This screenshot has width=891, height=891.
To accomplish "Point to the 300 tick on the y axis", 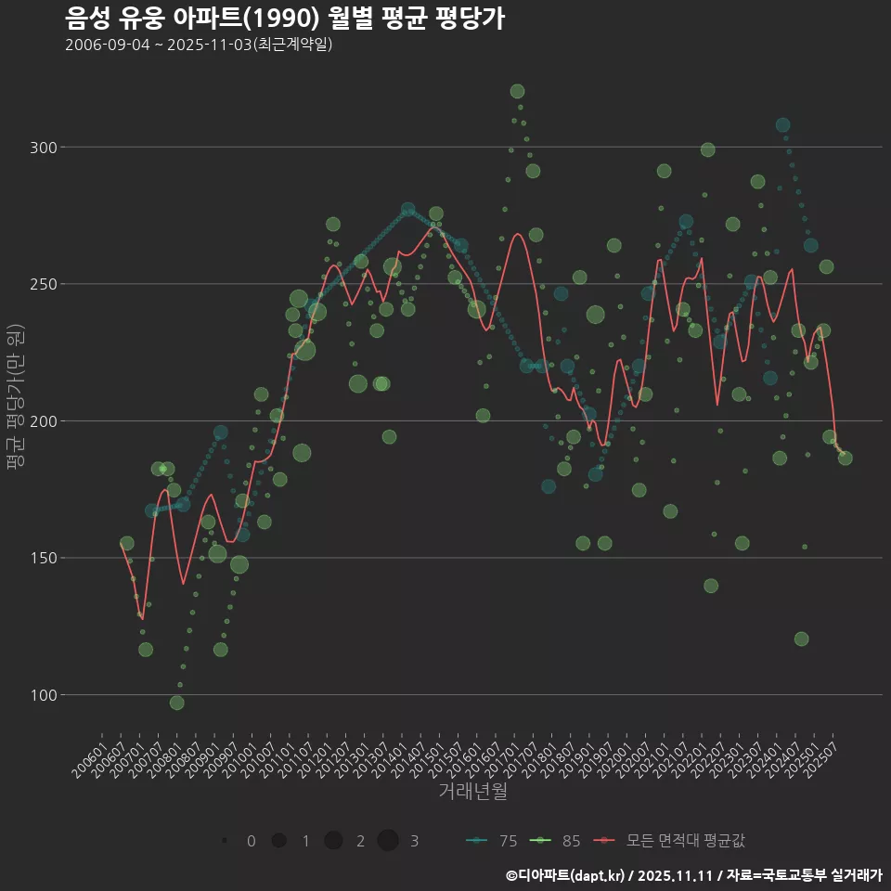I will tap(45, 148).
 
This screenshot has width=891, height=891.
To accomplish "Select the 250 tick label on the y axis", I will tap(45, 284).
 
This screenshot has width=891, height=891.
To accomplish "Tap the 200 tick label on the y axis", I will tap(45, 421).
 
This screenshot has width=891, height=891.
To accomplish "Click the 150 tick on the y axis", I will tap(45, 558).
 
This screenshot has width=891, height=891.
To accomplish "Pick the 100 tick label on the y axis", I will tap(45, 695).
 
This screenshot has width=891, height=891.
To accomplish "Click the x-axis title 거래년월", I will tap(472, 792).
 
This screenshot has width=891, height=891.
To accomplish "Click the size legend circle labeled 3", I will tap(388, 841).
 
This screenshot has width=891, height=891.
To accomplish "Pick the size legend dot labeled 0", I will tap(226, 841).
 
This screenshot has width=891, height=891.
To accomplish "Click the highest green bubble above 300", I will tap(517, 91).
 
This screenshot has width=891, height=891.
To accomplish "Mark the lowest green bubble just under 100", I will tap(176, 703).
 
